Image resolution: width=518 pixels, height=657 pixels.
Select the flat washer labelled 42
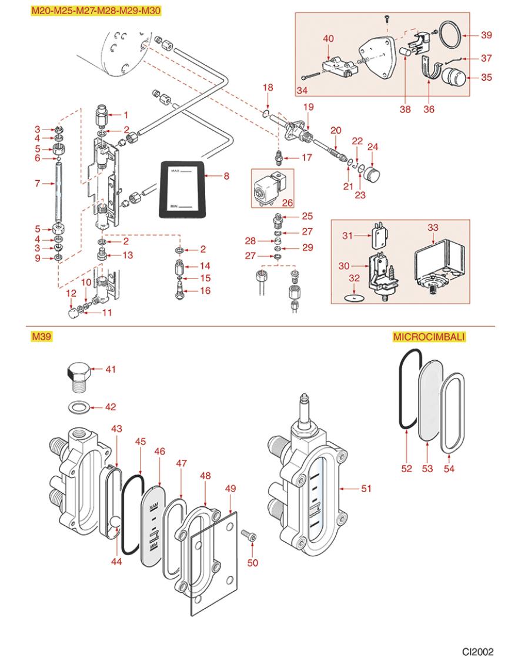tap(79, 406)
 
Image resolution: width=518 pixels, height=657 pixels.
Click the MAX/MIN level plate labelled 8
tap(183, 188)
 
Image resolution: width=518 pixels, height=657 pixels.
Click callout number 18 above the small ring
tap(268, 88)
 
